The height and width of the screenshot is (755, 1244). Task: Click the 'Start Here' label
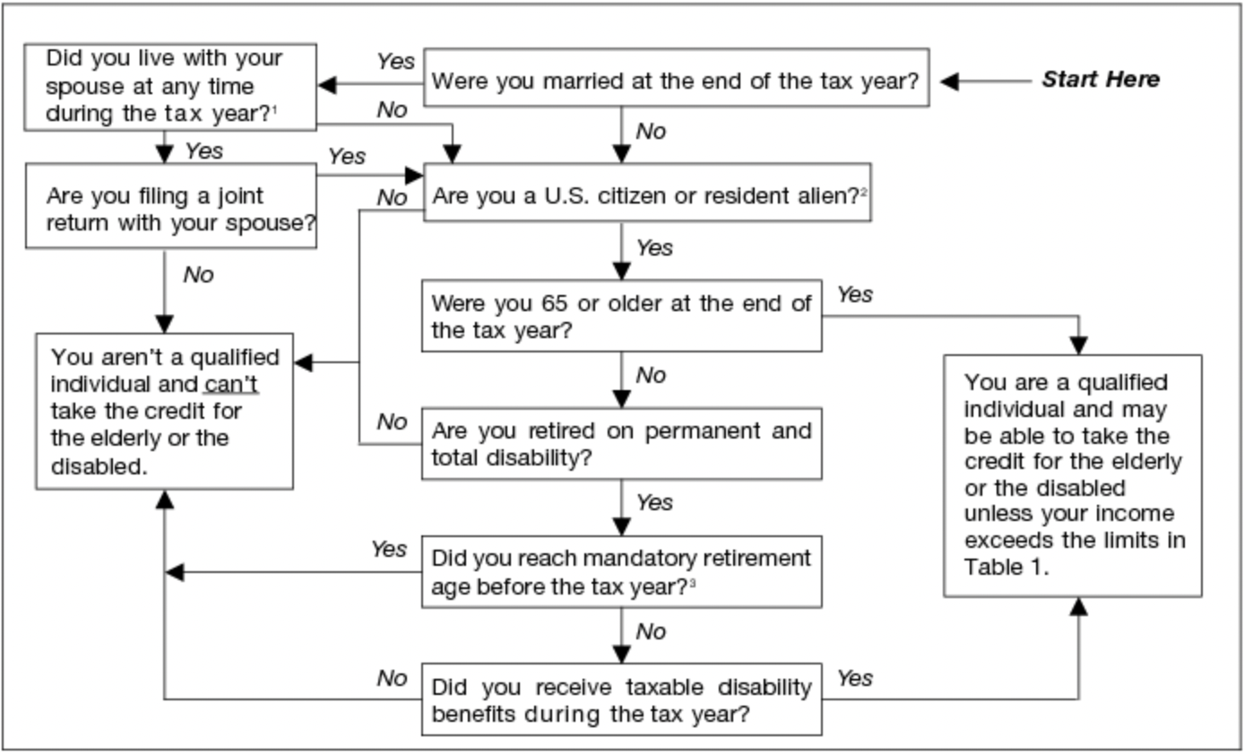click(x=1100, y=80)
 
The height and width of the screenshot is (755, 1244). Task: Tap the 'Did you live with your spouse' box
click(x=170, y=86)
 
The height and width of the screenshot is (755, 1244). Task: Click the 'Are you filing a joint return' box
click(x=170, y=208)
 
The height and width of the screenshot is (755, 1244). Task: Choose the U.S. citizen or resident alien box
click(x=646, y=195)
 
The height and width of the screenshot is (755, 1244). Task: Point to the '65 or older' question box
click(x=621, y=317)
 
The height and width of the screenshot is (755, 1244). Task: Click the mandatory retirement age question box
click(x=621, y=572)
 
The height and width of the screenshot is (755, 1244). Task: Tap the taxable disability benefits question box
click(x=621, y=700)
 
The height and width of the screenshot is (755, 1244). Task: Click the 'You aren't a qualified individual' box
click(x=164, y=412)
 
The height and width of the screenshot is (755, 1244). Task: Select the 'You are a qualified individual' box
click(x=1072, y=475)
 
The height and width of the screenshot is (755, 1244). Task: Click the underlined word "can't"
click(x=230, y=385)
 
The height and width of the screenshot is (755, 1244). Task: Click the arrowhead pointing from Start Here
click(x=950, y=82)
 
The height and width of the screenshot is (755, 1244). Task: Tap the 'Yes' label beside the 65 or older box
click(x=854, y=294)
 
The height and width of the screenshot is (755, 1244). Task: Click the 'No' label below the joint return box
click(x=198, y=274)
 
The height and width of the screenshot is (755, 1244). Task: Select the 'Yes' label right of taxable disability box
click(x=854, y=678)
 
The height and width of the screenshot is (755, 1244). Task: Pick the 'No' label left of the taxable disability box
click(x=392, y=678)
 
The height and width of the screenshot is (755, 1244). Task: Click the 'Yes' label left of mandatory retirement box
click(x=389, y=549)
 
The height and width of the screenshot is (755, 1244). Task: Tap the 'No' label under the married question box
click(x=651, y=132)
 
